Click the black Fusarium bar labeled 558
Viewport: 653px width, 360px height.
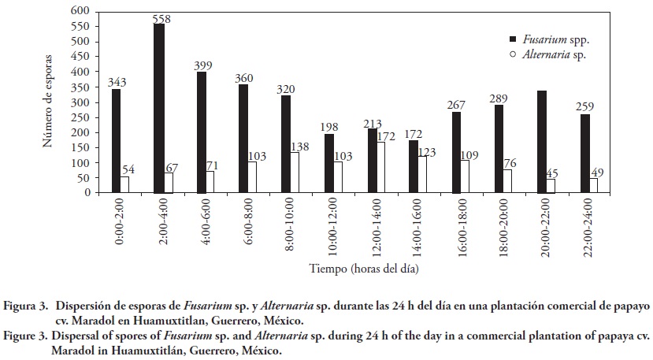coord(159,109)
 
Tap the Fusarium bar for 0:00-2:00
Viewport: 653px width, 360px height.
coord(117,141)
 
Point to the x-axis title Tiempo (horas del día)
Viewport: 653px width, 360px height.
coord(354,269)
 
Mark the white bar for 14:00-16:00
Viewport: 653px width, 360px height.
coord(422,174)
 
